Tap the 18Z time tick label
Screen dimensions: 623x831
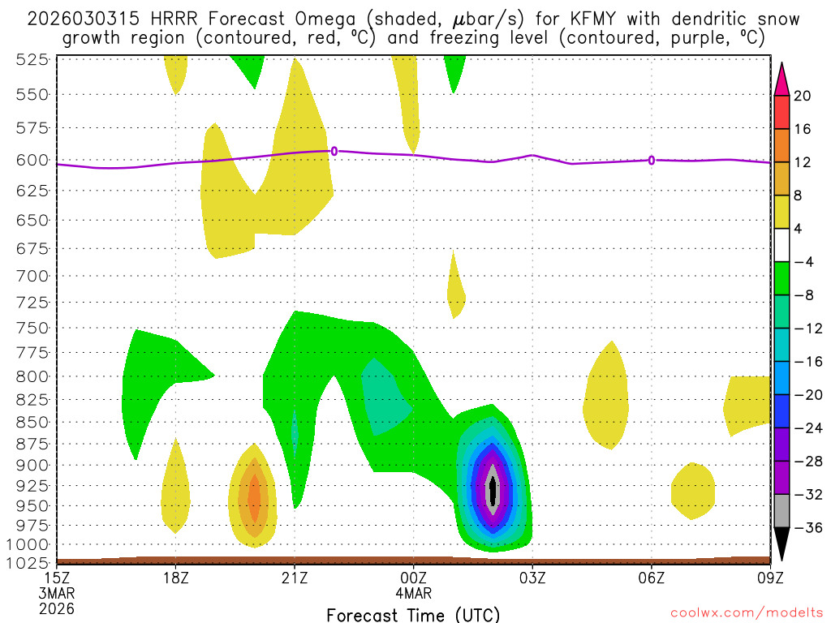coord(176,578)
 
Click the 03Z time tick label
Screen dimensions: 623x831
coord(532,578)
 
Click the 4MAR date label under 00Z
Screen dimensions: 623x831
coord(413,593)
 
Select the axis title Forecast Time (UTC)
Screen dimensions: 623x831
coord(413,614)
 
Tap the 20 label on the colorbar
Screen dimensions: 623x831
coord(802,96)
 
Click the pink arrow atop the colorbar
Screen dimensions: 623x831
coord(781,79)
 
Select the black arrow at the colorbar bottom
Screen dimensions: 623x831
coord(781,544)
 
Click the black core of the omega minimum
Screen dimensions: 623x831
coord(491,491)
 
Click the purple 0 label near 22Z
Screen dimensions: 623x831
coord(334,151)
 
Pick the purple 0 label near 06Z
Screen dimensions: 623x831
coord(652,161)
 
